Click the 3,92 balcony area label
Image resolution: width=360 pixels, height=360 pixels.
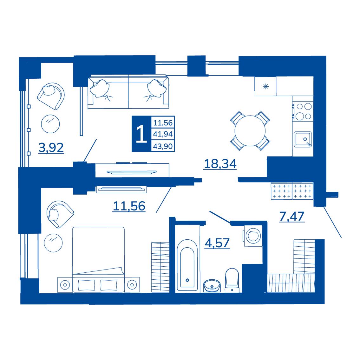coord(51,148)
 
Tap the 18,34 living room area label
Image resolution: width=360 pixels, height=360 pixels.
coord(220,164)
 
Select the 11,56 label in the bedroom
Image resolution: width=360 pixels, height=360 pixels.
coord(129,206)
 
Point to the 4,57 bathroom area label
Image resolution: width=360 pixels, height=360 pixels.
coord(217,243)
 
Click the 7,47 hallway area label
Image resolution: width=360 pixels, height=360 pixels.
coord(292,216)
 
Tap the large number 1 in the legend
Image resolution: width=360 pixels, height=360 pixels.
coord(141,134)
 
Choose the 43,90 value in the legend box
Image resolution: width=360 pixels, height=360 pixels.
coord(163,146)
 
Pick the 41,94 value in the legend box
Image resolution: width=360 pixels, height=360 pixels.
coord(163,134)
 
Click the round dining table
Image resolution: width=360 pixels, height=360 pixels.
coord(250,131)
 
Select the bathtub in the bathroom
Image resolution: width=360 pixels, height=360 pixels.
coord(187,265)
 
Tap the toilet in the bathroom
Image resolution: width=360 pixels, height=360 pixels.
coord(232,280)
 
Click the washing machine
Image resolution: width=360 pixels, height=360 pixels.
coord(253,236)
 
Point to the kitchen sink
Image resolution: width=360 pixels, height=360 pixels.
coord(303,139)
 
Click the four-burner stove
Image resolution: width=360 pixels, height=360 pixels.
coord(303,111)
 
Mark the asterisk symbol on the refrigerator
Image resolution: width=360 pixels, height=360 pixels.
coord(265,86)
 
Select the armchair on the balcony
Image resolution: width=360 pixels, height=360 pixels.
coord(51,96)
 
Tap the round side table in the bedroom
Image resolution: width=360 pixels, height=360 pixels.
coord(53,243)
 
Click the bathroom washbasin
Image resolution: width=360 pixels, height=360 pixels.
coord(212,286)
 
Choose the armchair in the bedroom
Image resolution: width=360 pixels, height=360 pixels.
coord(60,214)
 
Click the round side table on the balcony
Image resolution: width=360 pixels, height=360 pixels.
coord(50,124)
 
